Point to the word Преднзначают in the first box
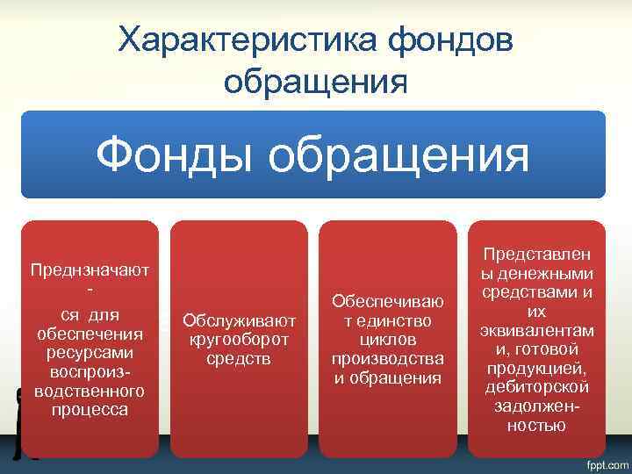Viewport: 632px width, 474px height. pos(90,269)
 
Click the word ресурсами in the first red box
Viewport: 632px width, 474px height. pos(90,353)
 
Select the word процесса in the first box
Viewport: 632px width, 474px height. pos(90,410)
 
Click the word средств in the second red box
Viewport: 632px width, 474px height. pos(239,358)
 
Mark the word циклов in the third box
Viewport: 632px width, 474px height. pos(387,339)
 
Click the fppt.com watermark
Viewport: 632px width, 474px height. pos(603,463)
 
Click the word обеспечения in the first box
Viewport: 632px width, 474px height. pos(90,334)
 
